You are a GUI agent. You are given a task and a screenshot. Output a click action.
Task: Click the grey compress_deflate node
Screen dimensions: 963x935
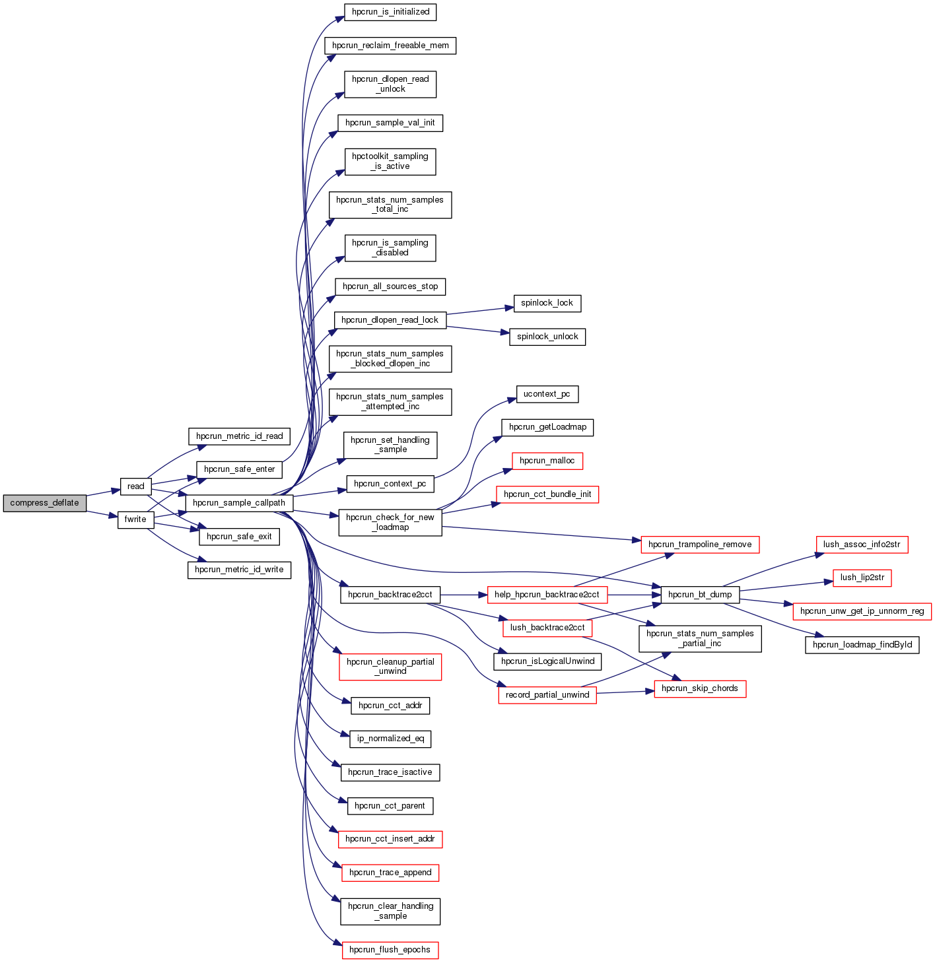coord(45,503)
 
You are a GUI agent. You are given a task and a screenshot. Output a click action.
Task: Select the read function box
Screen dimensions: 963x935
coord(135,486)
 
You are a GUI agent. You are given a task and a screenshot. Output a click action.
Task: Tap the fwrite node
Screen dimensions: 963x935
coord(135,519)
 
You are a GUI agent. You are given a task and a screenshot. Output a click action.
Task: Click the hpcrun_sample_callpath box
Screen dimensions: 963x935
coord(239,503)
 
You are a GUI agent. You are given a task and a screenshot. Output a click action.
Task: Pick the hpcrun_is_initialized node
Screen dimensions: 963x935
coord(390,12)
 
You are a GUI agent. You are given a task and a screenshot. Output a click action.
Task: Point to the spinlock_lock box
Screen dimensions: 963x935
coord(547,303)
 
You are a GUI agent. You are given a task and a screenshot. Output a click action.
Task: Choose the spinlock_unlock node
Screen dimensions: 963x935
coord(547,337)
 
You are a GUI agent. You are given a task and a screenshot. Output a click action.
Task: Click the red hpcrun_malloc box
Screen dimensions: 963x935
coord(547,461)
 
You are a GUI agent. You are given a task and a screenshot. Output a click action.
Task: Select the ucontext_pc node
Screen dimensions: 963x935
coord(546,394)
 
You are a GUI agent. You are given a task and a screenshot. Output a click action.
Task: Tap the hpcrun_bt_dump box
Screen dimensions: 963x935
coord(700,595)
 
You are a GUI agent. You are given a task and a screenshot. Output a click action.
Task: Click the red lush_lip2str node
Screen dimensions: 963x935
coord(862,578)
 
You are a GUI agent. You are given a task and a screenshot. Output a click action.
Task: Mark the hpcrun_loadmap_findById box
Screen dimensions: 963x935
coord(862,645)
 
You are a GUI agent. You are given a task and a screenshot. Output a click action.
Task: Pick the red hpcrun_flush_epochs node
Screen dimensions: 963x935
coord(390,950)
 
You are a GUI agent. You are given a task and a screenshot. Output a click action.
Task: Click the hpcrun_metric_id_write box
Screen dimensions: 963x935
coord(239,570)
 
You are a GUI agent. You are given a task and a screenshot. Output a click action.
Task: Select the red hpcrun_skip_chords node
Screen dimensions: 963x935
coord(700,688)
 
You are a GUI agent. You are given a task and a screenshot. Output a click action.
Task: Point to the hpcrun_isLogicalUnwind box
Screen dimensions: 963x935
coord(547,661)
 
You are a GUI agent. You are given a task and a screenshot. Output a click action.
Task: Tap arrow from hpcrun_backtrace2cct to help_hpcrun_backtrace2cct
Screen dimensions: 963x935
coord(463,595)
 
